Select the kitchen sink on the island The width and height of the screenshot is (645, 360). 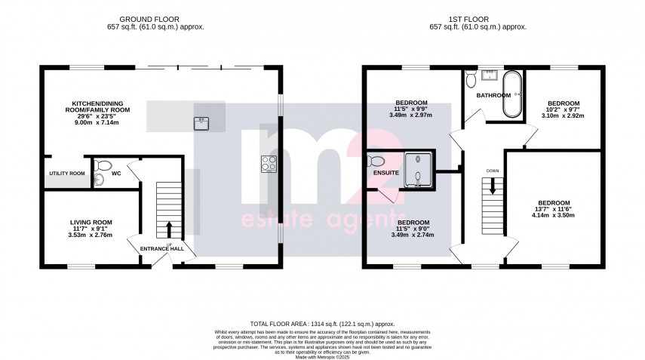[x=201, y=123]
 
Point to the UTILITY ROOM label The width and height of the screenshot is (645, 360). [x=66, y=174]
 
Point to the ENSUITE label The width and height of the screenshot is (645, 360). [x=385, y=173]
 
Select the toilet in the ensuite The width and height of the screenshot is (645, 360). [x=375, y=161]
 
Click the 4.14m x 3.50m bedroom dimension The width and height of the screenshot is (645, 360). [x=554, y=215]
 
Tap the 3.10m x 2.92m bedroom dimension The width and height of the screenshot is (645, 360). [x=564, y=115]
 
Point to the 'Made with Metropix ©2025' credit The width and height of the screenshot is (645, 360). [x=322, y=356]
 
